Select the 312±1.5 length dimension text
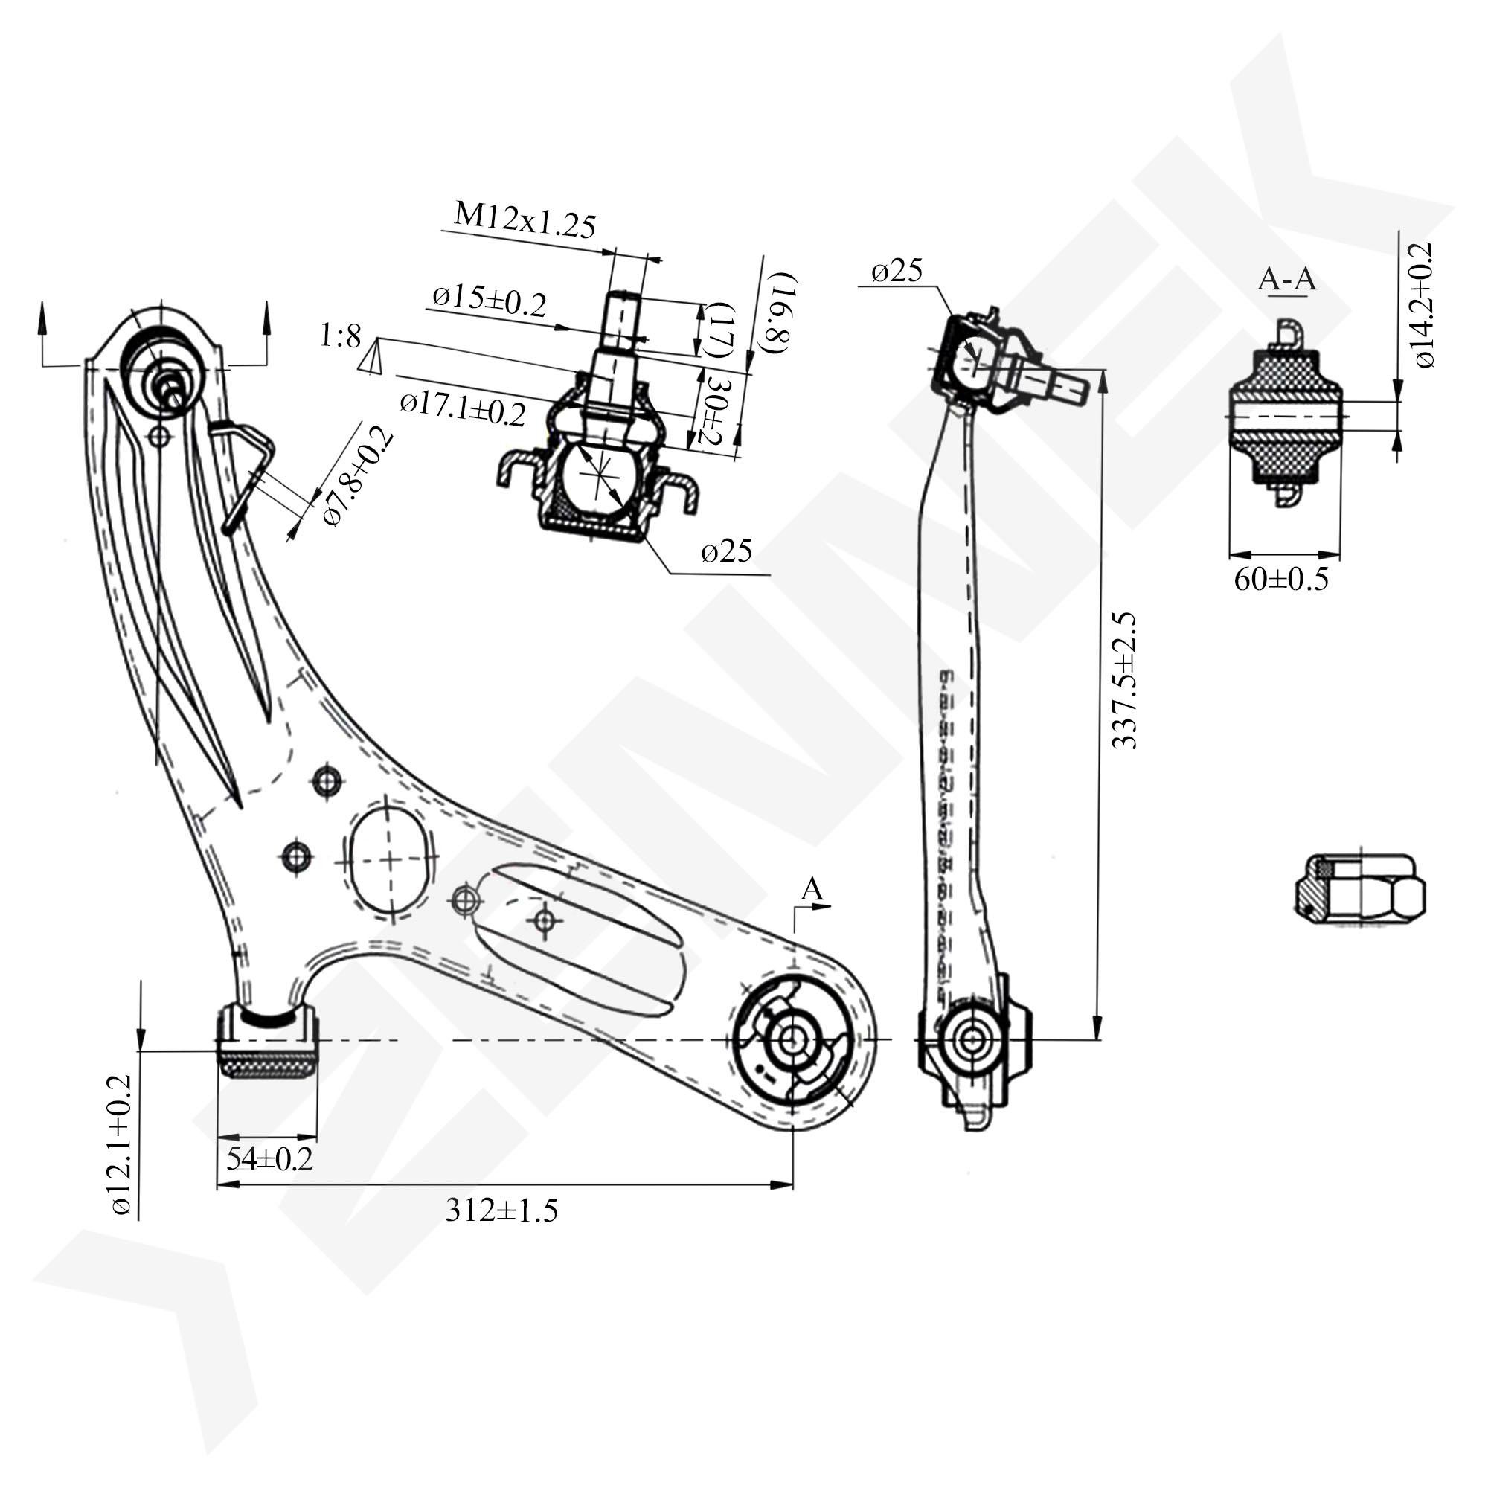501,1210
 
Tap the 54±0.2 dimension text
269,1158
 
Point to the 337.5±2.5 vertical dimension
1125,680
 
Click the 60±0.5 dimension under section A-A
1282,579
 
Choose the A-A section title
1286,280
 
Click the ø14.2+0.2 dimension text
1422,305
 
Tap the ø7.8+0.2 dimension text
357,478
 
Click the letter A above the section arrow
812,890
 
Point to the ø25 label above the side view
897,271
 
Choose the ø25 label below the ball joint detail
726,551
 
